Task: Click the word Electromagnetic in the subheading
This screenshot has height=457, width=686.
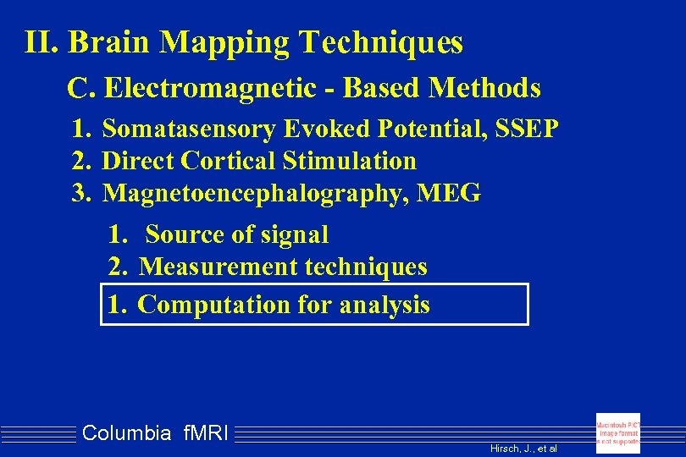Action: tap(198, 87)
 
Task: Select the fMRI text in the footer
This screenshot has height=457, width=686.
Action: tap(203, 434)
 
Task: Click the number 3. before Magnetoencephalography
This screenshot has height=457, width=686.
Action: tap(81, 193)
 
